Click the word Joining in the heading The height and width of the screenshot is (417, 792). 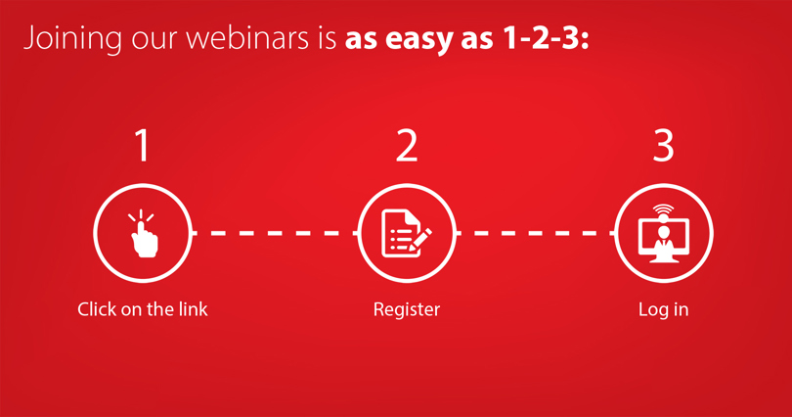[x=72, y=39]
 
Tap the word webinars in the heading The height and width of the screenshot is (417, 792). [x=247, y=38]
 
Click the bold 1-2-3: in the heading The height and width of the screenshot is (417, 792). [x=546, y=38]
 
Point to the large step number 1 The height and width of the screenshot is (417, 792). [x=143, y=145]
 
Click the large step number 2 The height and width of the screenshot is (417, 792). [x=407, y=145]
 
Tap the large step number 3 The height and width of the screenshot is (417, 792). [x=663, y=145]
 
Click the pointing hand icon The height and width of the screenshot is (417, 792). [x=143, y=234]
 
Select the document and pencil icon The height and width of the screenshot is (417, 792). [x=407, y=233]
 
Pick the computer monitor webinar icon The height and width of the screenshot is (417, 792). [x=663, y=234]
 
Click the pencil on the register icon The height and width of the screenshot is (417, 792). [x=419, y=241]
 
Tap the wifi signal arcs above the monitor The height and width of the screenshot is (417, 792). [x=663, y=208]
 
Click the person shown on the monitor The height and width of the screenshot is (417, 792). [x=663, y=238]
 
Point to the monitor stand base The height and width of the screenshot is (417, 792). [x=663, y=258]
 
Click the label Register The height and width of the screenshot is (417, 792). [x=407, y=310]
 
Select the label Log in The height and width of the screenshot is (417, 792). [x=663, y=310]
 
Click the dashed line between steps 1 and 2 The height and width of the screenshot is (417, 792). [x=275, y=233]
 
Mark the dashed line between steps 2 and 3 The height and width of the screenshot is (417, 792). [x=536, y=233]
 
